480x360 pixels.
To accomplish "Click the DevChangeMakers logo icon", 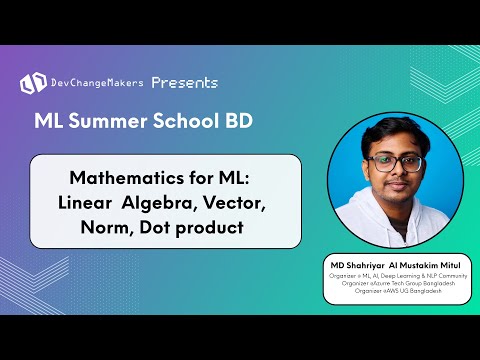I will click(33, 82).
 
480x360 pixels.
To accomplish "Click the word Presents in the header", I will click(186, 82).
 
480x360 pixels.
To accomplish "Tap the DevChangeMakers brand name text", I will click(98, 83).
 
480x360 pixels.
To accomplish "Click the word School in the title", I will click(189, 122).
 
